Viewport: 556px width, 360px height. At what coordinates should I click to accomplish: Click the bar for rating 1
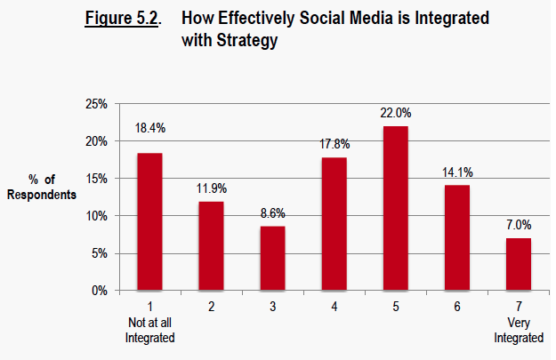(x=149, y=221)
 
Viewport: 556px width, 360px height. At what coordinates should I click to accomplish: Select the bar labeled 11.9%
(x=211, y=245)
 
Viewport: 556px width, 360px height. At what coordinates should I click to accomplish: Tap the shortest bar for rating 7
(x=518, y=264)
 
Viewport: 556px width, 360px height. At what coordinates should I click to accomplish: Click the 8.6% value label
(x=272, y=213)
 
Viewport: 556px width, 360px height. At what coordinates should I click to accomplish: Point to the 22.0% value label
(x=395, y=113)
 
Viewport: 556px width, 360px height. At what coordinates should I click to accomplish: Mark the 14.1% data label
(x=456, y=172)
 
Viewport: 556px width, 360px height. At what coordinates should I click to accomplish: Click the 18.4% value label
(x=149, y=129)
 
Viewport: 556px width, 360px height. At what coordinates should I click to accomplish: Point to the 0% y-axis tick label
(x=98, y=291)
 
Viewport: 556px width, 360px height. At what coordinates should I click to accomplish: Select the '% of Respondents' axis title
(x=41, y=186)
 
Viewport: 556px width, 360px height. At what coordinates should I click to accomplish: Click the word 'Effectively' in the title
(x=258, y=20)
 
